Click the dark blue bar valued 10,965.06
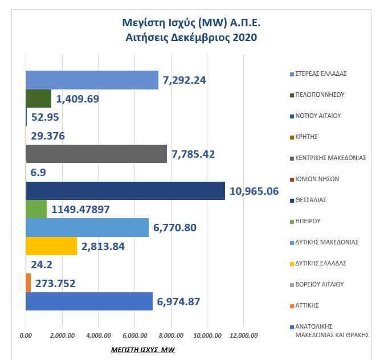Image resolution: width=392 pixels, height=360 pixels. (x=125, y=191)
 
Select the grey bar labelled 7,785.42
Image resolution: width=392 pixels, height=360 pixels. (x=96, y=154)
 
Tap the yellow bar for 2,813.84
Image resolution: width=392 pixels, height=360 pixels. (x=51, y=246)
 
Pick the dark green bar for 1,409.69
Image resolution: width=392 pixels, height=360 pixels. (x=39, y=99)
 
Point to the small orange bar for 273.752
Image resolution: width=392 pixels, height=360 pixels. (x=28, y=283)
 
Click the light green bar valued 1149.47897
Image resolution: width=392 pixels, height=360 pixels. (x=36, y=209)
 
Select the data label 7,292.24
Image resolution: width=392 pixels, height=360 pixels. (x=184, y=80)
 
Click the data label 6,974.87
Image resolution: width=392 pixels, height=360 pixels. (x=178, y=301)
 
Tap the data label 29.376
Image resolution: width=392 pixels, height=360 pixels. (x=48, y=136)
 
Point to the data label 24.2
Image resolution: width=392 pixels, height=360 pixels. (x=42, y=264)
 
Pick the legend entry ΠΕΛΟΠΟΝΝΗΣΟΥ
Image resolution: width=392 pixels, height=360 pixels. (x=320, y=95)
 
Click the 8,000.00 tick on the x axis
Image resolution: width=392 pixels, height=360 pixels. (x=171, y=336)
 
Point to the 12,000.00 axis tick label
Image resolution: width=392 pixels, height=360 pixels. (x=243, y=336)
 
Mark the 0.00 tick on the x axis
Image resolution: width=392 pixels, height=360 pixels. (x=26, y=336)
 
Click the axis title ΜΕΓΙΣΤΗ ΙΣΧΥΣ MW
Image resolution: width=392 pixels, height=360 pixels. (x=142, y=349)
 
